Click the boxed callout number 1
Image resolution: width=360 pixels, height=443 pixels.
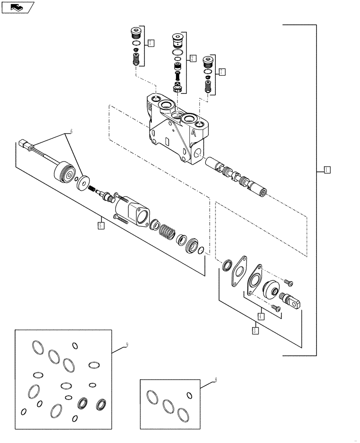click(326, 169)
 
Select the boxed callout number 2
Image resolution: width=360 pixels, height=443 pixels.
click(192, 58)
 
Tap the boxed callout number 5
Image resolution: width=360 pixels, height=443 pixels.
click(101, 225)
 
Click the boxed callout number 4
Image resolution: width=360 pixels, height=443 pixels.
click(261, 316)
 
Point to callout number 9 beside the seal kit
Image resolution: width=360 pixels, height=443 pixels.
click(127, 343)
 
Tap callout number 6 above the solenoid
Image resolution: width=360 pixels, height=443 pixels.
click(69, 132)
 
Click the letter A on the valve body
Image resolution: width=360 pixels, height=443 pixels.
click(194, 132)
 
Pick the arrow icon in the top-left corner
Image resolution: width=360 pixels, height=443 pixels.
click(17, 7)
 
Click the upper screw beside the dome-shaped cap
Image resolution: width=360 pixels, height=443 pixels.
click(287, 281)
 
